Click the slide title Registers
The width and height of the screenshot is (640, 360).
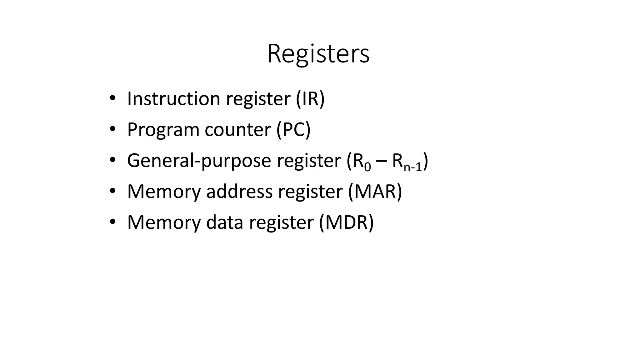point(318,54)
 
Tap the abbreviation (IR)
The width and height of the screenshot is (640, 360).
point(310,98)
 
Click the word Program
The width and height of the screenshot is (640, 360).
point(163,130)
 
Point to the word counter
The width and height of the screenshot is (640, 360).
point(237,130)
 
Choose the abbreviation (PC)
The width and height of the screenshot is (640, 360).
point(293,130)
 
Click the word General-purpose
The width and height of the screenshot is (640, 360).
point(199,161)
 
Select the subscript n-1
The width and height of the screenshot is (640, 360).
point(412,167)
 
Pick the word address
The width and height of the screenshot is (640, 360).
point(239,191)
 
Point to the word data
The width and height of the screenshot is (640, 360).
point(224,222)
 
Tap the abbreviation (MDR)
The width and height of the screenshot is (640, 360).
point(346,222)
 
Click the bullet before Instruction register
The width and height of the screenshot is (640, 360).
point(112,98)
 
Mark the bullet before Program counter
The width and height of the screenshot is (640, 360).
point(112,129)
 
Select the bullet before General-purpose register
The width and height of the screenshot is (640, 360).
point(112,160)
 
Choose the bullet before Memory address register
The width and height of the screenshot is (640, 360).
point(112,191)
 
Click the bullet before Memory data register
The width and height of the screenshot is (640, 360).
point(112,222)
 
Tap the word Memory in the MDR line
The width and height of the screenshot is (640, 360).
point(164,222)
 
